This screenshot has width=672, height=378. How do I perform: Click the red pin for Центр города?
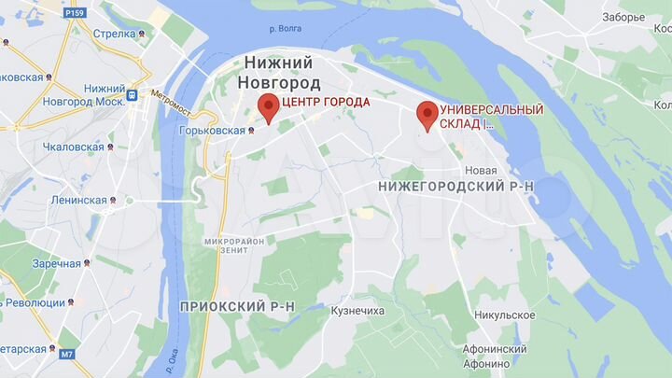[x=268, y=107]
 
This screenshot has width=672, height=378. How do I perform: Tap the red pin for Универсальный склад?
[x=427, y=114]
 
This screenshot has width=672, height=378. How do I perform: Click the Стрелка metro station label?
[x=115, y=35]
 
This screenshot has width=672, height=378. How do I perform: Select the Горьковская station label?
[x=210, y=131]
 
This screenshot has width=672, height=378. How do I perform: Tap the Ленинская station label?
[x=78, y=200]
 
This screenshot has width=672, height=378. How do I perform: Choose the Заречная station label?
[x=56, y=263]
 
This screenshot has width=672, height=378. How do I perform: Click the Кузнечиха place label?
[x=357, y=310]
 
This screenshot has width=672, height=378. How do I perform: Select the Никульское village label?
[x=504, y=315]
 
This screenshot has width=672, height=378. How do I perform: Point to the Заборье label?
[x=623, y=17]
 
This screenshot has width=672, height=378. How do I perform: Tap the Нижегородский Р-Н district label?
[x=456, y=187]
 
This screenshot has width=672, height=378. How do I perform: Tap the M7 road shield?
[x=66, y=354]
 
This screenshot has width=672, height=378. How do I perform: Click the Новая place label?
[x=481, y=171]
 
